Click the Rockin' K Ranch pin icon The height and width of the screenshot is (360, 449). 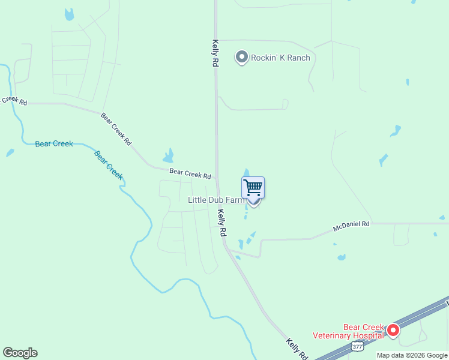point(242,58)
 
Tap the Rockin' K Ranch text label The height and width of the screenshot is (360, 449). point(281,58)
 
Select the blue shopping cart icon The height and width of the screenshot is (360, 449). point(253,188)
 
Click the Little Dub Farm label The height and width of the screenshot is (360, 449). point(216,200)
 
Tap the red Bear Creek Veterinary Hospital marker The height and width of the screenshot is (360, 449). point(393,330)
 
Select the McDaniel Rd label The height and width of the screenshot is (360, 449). point(352,226)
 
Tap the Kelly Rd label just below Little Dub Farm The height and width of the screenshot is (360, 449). point(221,221)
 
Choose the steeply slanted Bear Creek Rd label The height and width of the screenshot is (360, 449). point(116,129)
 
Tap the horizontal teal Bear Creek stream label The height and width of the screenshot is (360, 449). point(54,144)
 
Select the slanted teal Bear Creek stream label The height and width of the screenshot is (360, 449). point(109,164)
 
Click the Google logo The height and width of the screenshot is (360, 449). point(20,353)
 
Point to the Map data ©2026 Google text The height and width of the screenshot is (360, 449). point(411,355)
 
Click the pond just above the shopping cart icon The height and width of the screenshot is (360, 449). point(246,173)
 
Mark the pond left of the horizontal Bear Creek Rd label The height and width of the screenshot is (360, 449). point(169,156)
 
